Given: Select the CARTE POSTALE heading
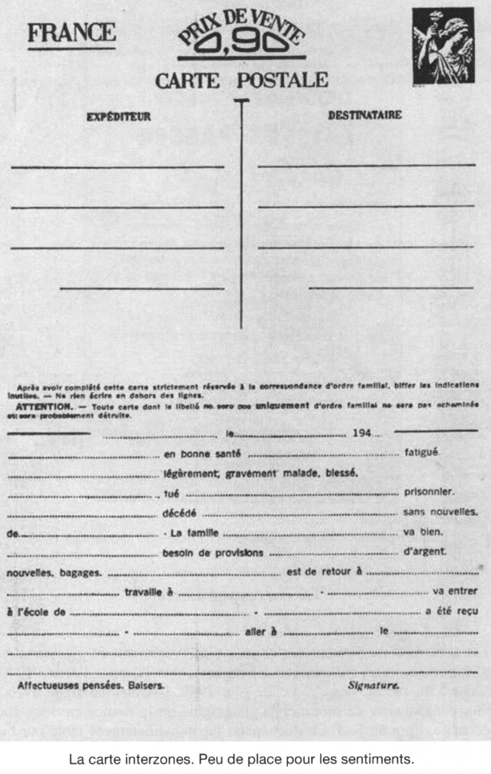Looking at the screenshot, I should (x=242, y=80).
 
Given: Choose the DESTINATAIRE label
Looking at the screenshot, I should (x=365, y=115).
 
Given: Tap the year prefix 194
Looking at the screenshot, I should (x=361, y=435).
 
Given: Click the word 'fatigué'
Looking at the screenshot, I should (x=422, y=452).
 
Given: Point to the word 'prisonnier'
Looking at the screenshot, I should (x=429, y=491).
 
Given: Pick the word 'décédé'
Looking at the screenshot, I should (x=179, y=512).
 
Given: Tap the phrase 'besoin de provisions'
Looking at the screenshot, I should (x=213, y=552).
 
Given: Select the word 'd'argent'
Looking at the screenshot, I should (x=425, y=551).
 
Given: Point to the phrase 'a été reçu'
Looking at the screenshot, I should (x=452, y=612).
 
